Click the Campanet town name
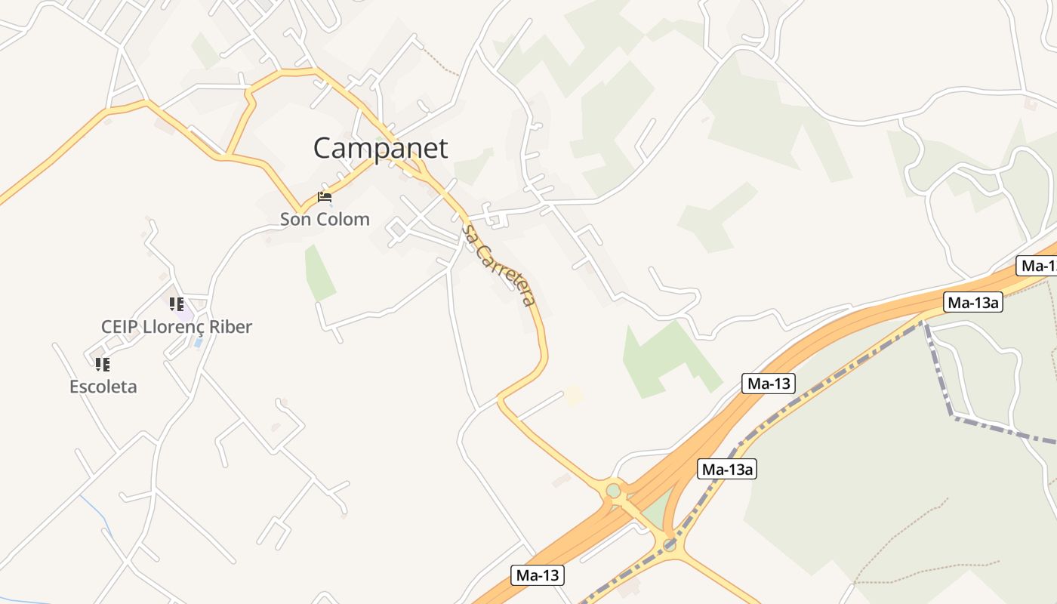pos(381,148)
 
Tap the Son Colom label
pos(325,220)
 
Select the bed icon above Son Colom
pos(325,197)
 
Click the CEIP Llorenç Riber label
pos(177,327)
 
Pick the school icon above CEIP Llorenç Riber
pos(177,304)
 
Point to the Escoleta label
pos(103,387)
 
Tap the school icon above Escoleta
pos(103,365)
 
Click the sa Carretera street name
pos(500,265)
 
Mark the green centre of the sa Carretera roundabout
pos(613,491)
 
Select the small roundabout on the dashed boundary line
pos(670,545)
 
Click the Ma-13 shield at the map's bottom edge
pos(538,575)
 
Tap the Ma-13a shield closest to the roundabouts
pos(727,469)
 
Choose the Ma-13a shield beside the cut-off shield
pos(973,303)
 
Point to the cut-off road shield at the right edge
pos(1038,266)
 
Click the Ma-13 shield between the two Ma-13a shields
pos(769,384)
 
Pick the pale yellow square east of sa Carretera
pos(575,394)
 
